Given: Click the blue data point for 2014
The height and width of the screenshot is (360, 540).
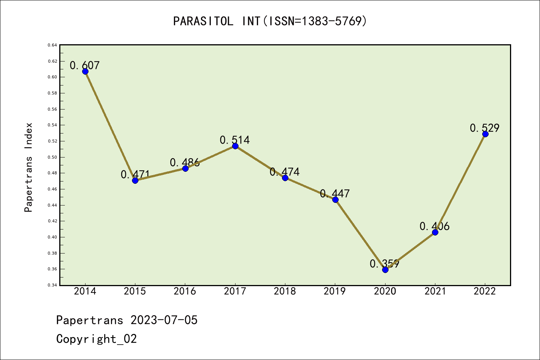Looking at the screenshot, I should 85,71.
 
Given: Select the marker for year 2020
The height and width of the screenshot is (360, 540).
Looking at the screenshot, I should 385,270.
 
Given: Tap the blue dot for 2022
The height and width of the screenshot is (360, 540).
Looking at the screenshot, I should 485,134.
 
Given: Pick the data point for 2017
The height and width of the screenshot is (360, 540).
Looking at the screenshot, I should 235,146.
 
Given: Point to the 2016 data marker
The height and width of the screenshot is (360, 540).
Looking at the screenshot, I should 185,168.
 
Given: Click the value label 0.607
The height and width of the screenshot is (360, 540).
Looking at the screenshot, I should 85,65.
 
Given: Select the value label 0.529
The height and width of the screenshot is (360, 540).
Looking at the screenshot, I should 484,128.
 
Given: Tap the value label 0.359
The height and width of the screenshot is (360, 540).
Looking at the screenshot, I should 384,264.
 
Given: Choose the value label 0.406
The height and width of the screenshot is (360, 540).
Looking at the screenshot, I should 434,226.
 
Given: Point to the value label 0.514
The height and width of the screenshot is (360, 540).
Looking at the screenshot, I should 235,140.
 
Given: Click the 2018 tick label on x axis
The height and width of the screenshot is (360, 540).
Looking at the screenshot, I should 285,291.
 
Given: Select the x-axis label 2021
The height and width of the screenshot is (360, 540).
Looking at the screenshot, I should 435,291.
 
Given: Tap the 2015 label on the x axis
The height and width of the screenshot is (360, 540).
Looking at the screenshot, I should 135,291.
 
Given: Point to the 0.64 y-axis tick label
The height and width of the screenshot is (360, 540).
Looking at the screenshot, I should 52,45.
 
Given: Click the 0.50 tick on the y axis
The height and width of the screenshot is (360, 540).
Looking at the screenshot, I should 52,157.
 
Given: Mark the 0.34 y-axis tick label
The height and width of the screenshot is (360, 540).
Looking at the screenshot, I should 52,285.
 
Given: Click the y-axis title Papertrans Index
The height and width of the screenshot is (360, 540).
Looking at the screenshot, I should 28,167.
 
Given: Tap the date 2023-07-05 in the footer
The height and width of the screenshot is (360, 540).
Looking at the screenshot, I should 164,320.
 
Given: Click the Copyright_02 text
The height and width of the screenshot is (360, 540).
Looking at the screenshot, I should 96,339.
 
